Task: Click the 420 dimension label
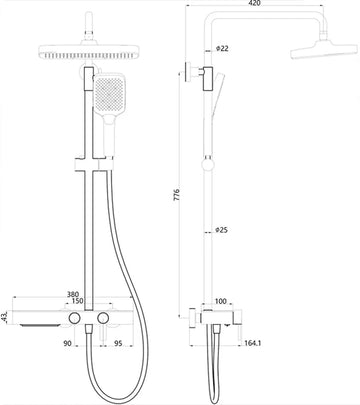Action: pyautogui.click(x=254, y=3)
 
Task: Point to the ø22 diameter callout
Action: pyautogui.click(x=222, y=48)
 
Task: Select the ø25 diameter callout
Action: pyautogui.click(x=222, y=230)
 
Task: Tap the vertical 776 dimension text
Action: pyautogui.click(x=177, y=194)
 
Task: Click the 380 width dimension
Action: pyautogui.click(x=73, y=294)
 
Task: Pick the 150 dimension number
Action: pyautogui.click(x=79, y=301)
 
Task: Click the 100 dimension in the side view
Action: pyautogui.click(x=221, y=301)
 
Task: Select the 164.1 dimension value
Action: pyautogui.click(x=253, y=343)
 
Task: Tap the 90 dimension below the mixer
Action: pyautogui.click(x=67, y=343)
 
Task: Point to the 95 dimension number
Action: pyautogui.click(x=118, y=343)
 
